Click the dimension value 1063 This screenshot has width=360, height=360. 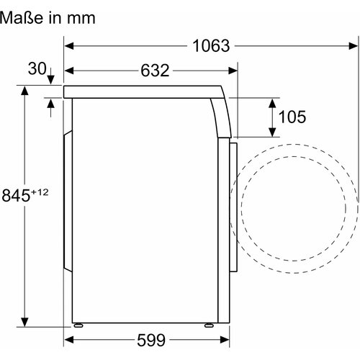(x=211, y=45)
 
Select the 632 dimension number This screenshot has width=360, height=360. (x=155, y=71)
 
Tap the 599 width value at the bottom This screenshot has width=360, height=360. (x=151, y=340)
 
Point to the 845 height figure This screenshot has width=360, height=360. (x=16, y=195)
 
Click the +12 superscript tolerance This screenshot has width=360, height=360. (x=40, y=192)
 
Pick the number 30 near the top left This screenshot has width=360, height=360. (x=37, y=68)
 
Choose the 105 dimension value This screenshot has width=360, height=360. (x=292, y=117)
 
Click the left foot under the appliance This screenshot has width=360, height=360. (x=78, y=325)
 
